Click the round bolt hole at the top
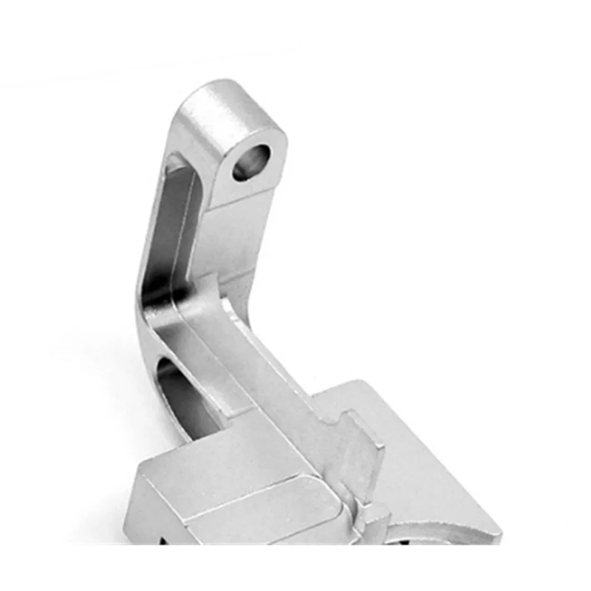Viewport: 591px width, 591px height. (x=252, y=163)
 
